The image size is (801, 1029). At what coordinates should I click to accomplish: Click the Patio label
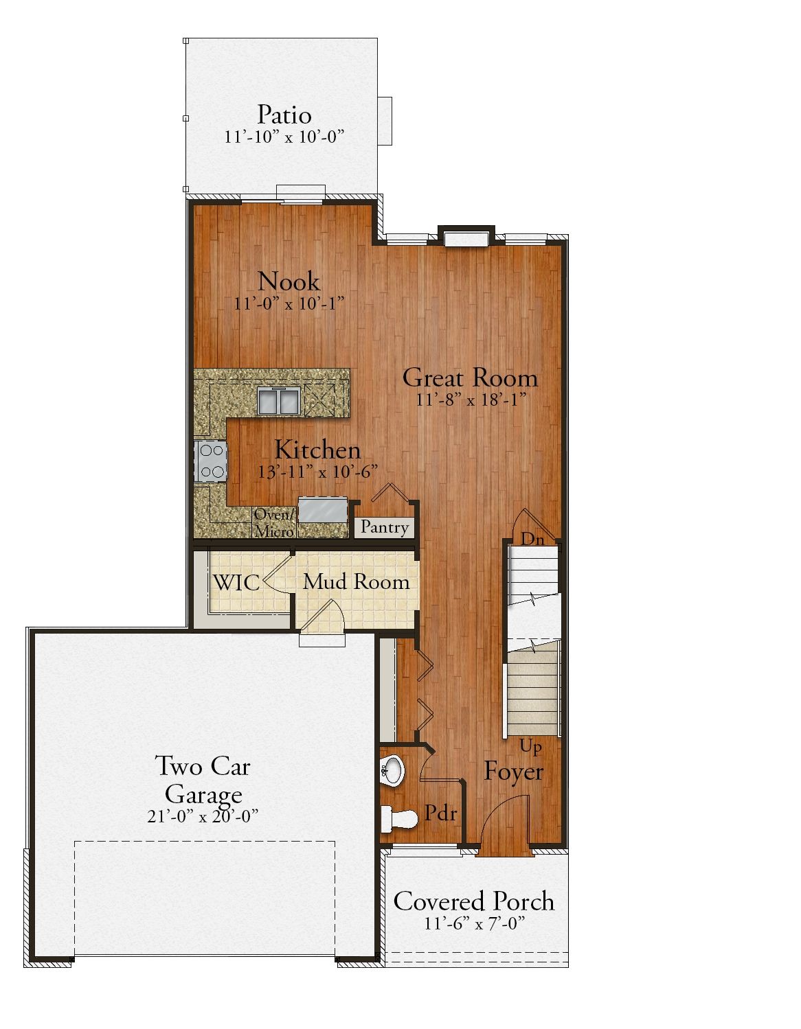point(284,115)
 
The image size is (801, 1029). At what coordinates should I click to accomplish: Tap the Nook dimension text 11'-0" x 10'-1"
point(289,303)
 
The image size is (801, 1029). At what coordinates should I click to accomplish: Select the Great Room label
point(470,378)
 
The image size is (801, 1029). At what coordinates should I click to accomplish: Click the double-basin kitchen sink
point(278,400)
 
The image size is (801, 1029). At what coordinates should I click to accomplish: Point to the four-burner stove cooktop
point(211,461)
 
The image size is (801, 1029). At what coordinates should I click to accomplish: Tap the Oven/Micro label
point(274,523)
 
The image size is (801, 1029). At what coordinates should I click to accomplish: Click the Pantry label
point(384,527)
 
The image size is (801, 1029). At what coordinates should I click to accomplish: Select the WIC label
point(236,583)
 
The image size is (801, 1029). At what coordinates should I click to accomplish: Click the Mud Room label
point(357,582)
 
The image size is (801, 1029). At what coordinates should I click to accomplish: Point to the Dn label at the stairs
point(532,539)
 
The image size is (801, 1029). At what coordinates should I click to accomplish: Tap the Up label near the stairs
point(530,747)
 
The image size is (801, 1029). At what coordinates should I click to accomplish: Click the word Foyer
point(513,772)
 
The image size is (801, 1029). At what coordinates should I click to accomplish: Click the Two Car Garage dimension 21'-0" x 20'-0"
point(203,816)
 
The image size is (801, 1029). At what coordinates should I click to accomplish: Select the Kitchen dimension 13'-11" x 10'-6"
point(318,472)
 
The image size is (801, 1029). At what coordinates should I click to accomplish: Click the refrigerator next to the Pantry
point(323,509)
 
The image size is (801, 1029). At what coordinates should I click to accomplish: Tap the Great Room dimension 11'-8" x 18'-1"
point(471,400)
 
